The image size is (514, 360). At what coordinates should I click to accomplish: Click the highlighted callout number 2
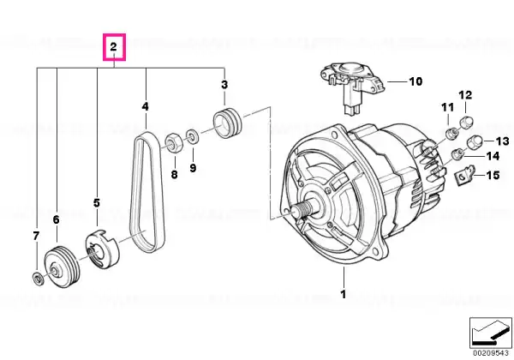click(114, 46)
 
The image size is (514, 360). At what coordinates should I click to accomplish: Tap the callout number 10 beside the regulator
click(415, 81)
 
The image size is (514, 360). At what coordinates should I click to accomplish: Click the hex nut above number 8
click(172, 142)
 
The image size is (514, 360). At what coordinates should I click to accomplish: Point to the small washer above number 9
click(193, 136)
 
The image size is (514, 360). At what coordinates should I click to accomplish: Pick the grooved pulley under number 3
click(228, 123)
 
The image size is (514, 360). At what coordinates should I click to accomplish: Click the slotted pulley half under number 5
click(101, 249)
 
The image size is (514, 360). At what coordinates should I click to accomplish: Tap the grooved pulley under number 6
click(62, 267)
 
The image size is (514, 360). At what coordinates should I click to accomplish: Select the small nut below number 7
click(38, 279)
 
